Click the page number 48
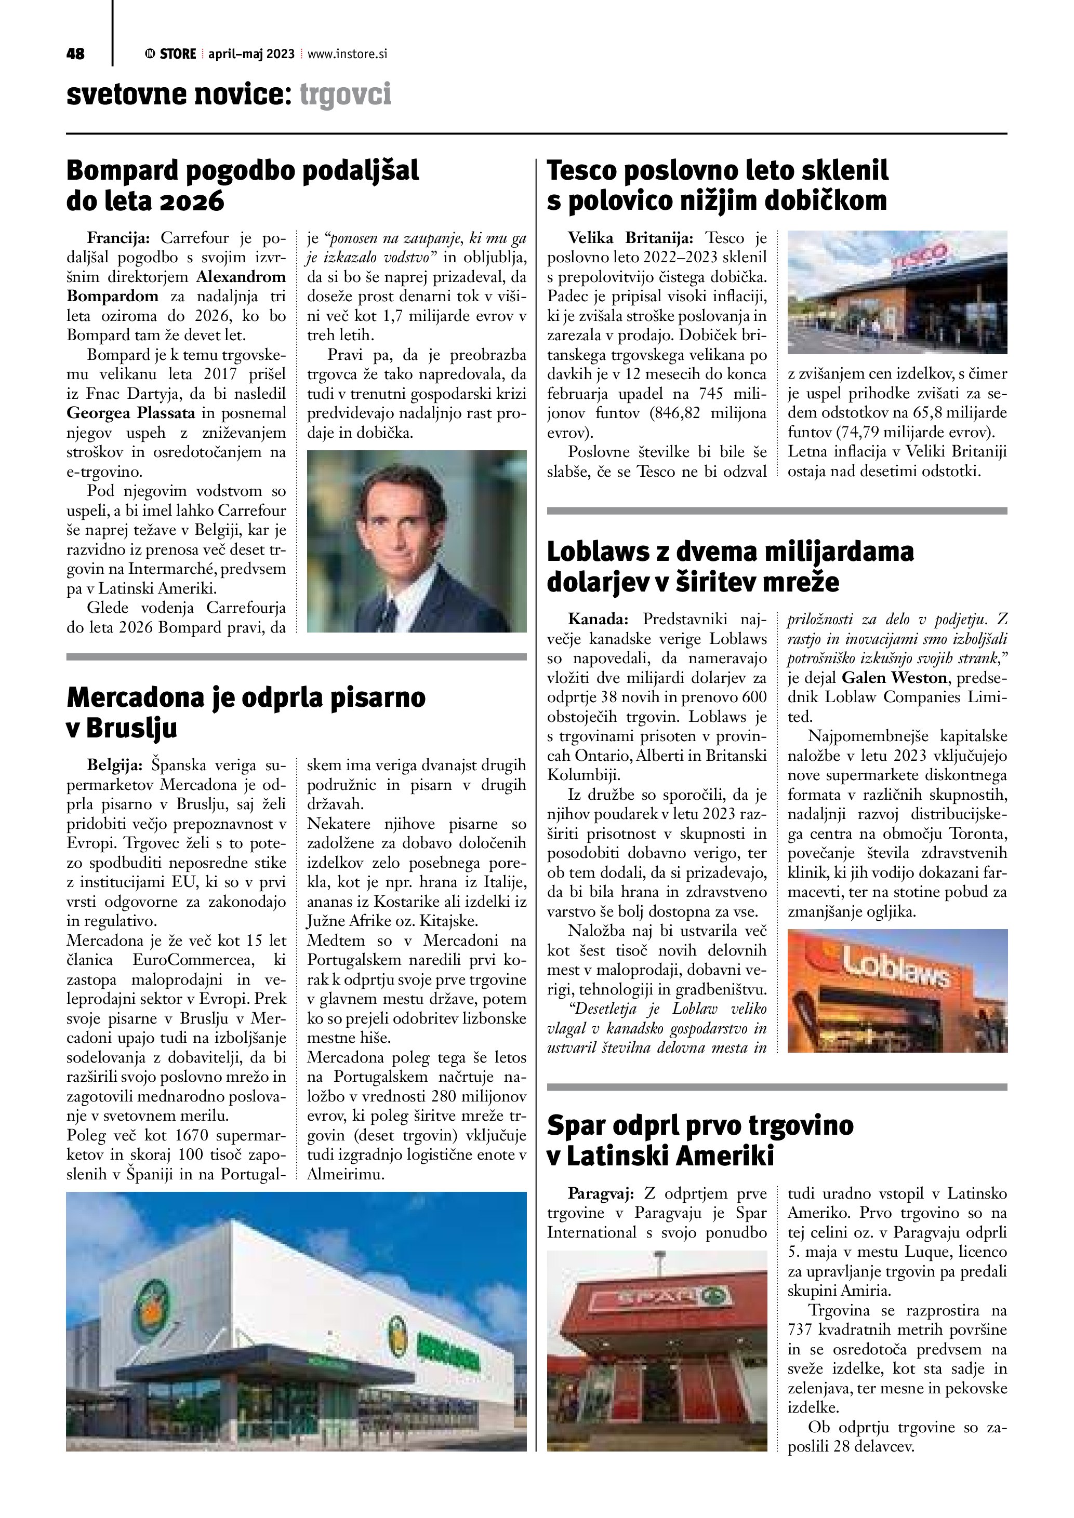click(x=75, y=54)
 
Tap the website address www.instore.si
click(x=347, y=54)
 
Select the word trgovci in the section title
click(x=345, y=95)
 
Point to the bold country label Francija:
click(x=119, y=238)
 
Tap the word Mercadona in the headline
click(x=133, y=697)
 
